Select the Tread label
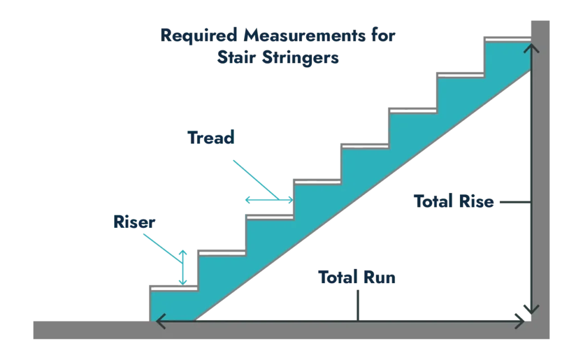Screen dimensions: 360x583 click(212, 137)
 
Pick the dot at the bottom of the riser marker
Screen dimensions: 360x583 click(182, 281)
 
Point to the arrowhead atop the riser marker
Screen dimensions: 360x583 click(182, 251)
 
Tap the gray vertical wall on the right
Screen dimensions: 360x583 click(541, 171)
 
